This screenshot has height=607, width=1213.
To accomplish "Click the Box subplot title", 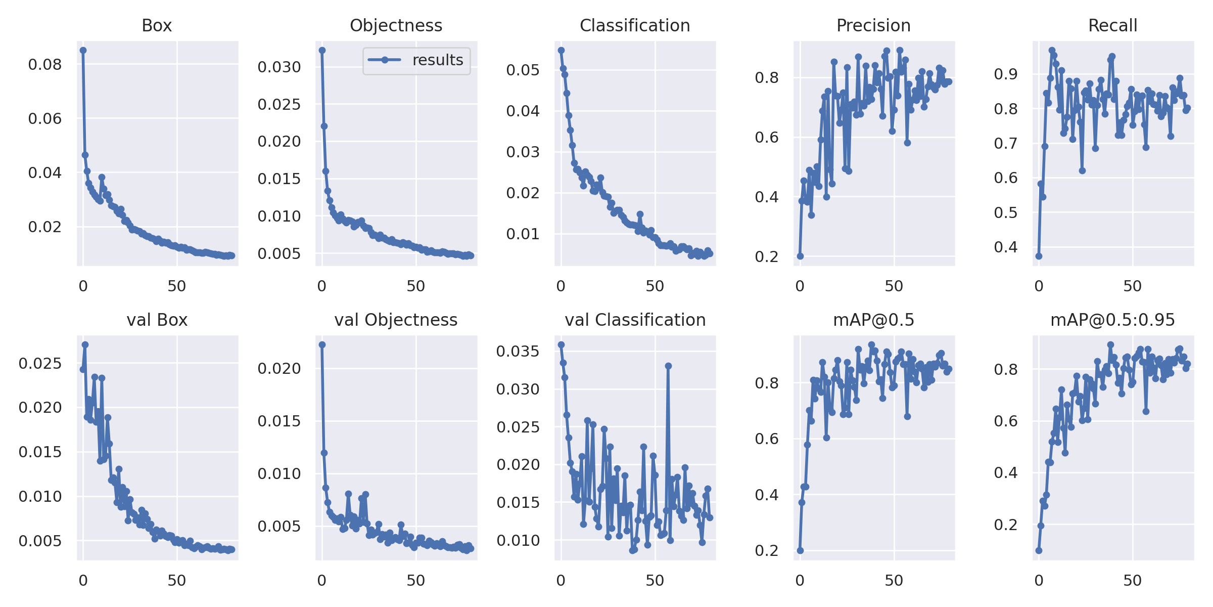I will pos(157,25).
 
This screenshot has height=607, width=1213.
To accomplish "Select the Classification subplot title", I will pos(635,25).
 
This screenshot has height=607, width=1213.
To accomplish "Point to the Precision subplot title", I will pos(873,25).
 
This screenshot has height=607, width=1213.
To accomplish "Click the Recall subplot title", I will pos(1112,25).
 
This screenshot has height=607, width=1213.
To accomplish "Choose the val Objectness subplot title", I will pos(396,320).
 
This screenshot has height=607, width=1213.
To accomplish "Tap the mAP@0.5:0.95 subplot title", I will pos(1112,320).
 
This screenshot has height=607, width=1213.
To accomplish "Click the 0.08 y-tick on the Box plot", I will pos(44,65).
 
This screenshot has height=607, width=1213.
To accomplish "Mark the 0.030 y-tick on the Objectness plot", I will pos(279,67).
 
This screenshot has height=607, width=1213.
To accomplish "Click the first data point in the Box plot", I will pos(83,50).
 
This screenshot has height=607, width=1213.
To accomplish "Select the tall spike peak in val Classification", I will pos(668,365).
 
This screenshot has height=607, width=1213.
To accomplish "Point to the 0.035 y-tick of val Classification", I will pos(518,352).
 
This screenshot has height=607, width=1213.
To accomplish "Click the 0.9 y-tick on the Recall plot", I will pos(1006,74).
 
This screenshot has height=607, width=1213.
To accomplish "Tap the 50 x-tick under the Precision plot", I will pos(894,286).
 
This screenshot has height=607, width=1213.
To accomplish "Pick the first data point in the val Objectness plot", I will pos(322,344).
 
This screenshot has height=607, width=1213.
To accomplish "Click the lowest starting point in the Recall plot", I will pos(1039,256).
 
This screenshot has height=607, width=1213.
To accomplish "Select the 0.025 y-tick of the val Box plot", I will pos(40,364).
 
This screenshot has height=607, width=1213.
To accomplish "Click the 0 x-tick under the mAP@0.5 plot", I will pos(800,581).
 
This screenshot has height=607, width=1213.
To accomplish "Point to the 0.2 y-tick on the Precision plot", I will pos(767,256).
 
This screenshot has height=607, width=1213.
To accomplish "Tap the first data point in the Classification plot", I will pos(561,50).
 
